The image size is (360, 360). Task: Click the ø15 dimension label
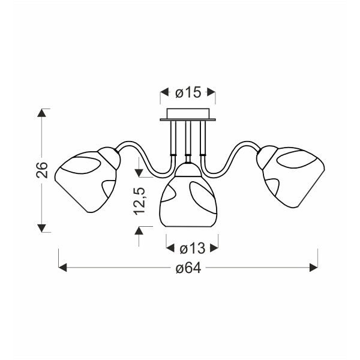[188, 92]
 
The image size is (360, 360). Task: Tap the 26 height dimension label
[42, 170]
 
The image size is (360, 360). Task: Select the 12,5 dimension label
[139, 201]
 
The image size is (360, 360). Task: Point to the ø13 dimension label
[193, 248]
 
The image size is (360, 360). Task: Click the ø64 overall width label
[188, 268]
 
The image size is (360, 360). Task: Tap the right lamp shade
[290, 176]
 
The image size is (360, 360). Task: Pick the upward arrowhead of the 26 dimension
[41, 113]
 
